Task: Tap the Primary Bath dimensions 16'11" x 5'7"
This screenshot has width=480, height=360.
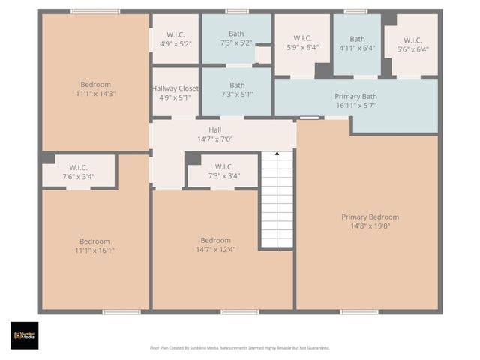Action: [x=356, y=106]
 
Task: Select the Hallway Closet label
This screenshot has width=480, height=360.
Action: [x=175, y=88]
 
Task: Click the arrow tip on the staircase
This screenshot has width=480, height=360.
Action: [x=277, y=154]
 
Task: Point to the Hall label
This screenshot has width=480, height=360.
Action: [x=214, y=130]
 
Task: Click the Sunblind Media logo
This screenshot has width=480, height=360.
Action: [x=24, y=335]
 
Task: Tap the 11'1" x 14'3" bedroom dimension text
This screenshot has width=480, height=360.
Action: [x=95, y=94]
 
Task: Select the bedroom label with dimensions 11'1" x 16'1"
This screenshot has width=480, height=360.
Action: [x=95, y=241]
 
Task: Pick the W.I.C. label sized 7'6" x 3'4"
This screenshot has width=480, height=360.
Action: [x=79, y=167]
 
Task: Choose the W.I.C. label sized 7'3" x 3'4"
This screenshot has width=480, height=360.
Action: [x=224, y=166]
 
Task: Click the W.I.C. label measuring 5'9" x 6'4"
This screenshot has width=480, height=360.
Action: [x=302, y=38]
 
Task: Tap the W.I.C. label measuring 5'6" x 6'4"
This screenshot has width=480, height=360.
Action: [x=412, y=40]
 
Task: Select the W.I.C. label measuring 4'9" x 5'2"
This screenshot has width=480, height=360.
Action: [x=175, y=34]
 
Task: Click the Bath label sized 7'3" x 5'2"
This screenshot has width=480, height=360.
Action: [x=236, y=34]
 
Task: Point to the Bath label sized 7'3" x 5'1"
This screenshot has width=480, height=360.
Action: [x=237, y=85]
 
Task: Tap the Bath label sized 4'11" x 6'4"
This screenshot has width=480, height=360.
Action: [x=357, y=39]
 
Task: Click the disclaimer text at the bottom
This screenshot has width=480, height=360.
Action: [x=239, y=348]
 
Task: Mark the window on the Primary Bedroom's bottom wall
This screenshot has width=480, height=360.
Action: [x=359, y=311]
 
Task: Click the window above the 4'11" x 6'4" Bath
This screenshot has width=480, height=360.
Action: [x=355, y=11]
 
